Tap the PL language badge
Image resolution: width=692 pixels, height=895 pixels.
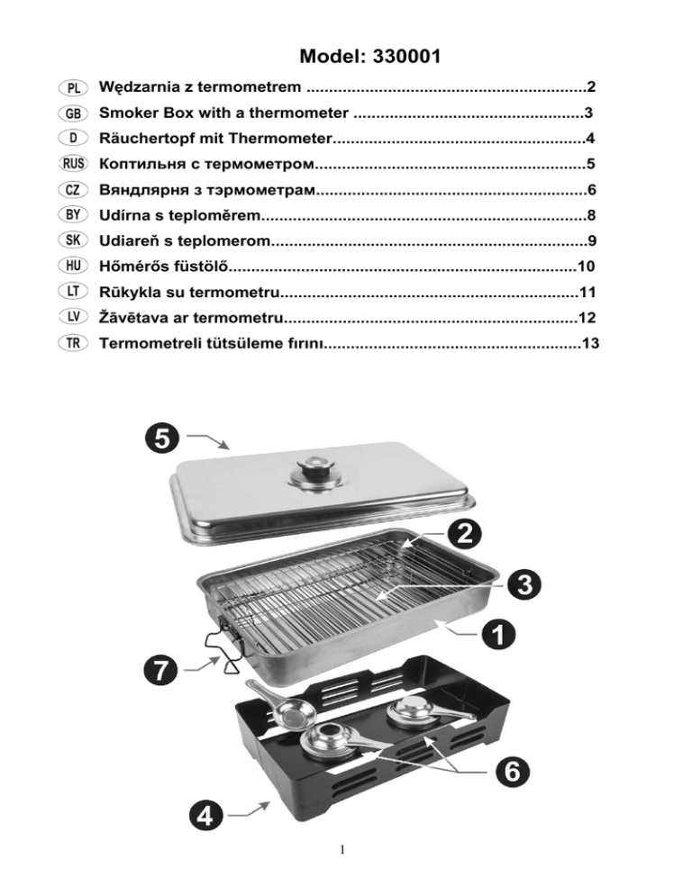pyautogui.click(x=72, y=88)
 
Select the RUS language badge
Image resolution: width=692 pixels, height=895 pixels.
pyautogui.click(x=72, y=165)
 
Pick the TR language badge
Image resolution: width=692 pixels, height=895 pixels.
pyautogui.click(x=72, y=344)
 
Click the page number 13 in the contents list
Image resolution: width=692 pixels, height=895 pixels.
pyautogui.click(x=590, y=344)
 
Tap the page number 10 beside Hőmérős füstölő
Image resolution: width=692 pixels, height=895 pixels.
pyautogui.click(x=587, y=267)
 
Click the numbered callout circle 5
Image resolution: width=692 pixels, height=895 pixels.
pyautogui.click(x=159, y=438)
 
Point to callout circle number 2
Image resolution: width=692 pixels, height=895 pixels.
pyautogui.click(x=461, y=533)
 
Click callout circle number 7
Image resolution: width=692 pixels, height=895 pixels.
pyautogui.click(x=159, y=669)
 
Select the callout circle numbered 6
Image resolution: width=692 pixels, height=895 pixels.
pyautogui.click(x=510, y=771)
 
